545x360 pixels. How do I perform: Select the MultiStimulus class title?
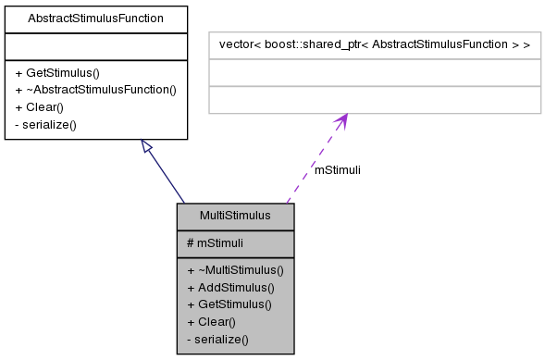pyautogui.click(x=235, y=216)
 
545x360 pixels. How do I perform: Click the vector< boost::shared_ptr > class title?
pyautogui.click(x=374, y=44)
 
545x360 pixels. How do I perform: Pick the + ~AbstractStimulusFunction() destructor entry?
pyautogui.click(x=95, y=90)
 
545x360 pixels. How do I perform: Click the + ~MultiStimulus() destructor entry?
pyautogui.click(x=235, y=270)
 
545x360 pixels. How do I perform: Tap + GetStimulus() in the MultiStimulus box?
pyautogui.click(x=229, y=304)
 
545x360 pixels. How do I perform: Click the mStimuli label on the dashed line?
pyautogui.click(x=338, y=170)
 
